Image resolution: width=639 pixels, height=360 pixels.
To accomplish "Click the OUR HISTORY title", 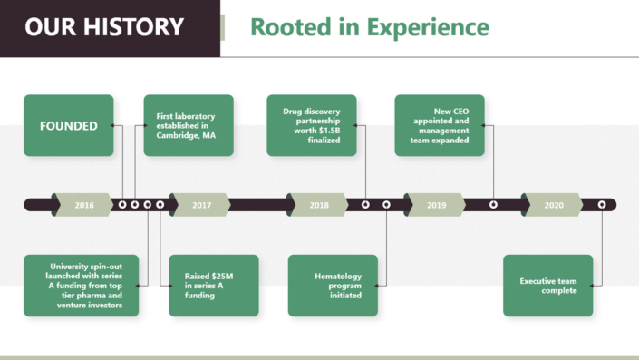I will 104,27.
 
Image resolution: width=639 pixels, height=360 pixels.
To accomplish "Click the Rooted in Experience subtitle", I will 369,27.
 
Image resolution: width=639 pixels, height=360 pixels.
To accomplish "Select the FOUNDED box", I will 69,126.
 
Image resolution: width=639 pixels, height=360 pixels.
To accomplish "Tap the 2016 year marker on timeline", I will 84,205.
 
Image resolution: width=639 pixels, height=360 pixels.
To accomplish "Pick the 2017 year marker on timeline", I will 201,205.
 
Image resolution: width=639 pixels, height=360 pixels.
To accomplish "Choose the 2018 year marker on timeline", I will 319,205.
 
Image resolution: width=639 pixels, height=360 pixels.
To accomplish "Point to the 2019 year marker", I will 437,205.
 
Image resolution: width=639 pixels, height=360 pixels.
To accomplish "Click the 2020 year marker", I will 554,205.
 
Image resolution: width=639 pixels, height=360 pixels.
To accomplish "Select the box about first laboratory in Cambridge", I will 189,126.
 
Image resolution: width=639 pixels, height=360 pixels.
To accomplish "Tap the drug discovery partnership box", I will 312,126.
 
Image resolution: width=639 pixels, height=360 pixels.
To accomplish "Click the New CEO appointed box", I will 440,126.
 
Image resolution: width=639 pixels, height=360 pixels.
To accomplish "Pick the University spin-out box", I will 82,286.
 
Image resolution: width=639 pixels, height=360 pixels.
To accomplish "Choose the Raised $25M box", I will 213,286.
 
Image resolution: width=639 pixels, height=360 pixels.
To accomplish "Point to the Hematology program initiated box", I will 333,286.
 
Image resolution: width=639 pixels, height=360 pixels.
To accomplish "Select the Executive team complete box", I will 547,286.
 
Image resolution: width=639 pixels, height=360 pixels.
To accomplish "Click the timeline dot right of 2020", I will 602,205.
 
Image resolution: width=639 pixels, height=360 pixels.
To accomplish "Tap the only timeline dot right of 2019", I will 493,205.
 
